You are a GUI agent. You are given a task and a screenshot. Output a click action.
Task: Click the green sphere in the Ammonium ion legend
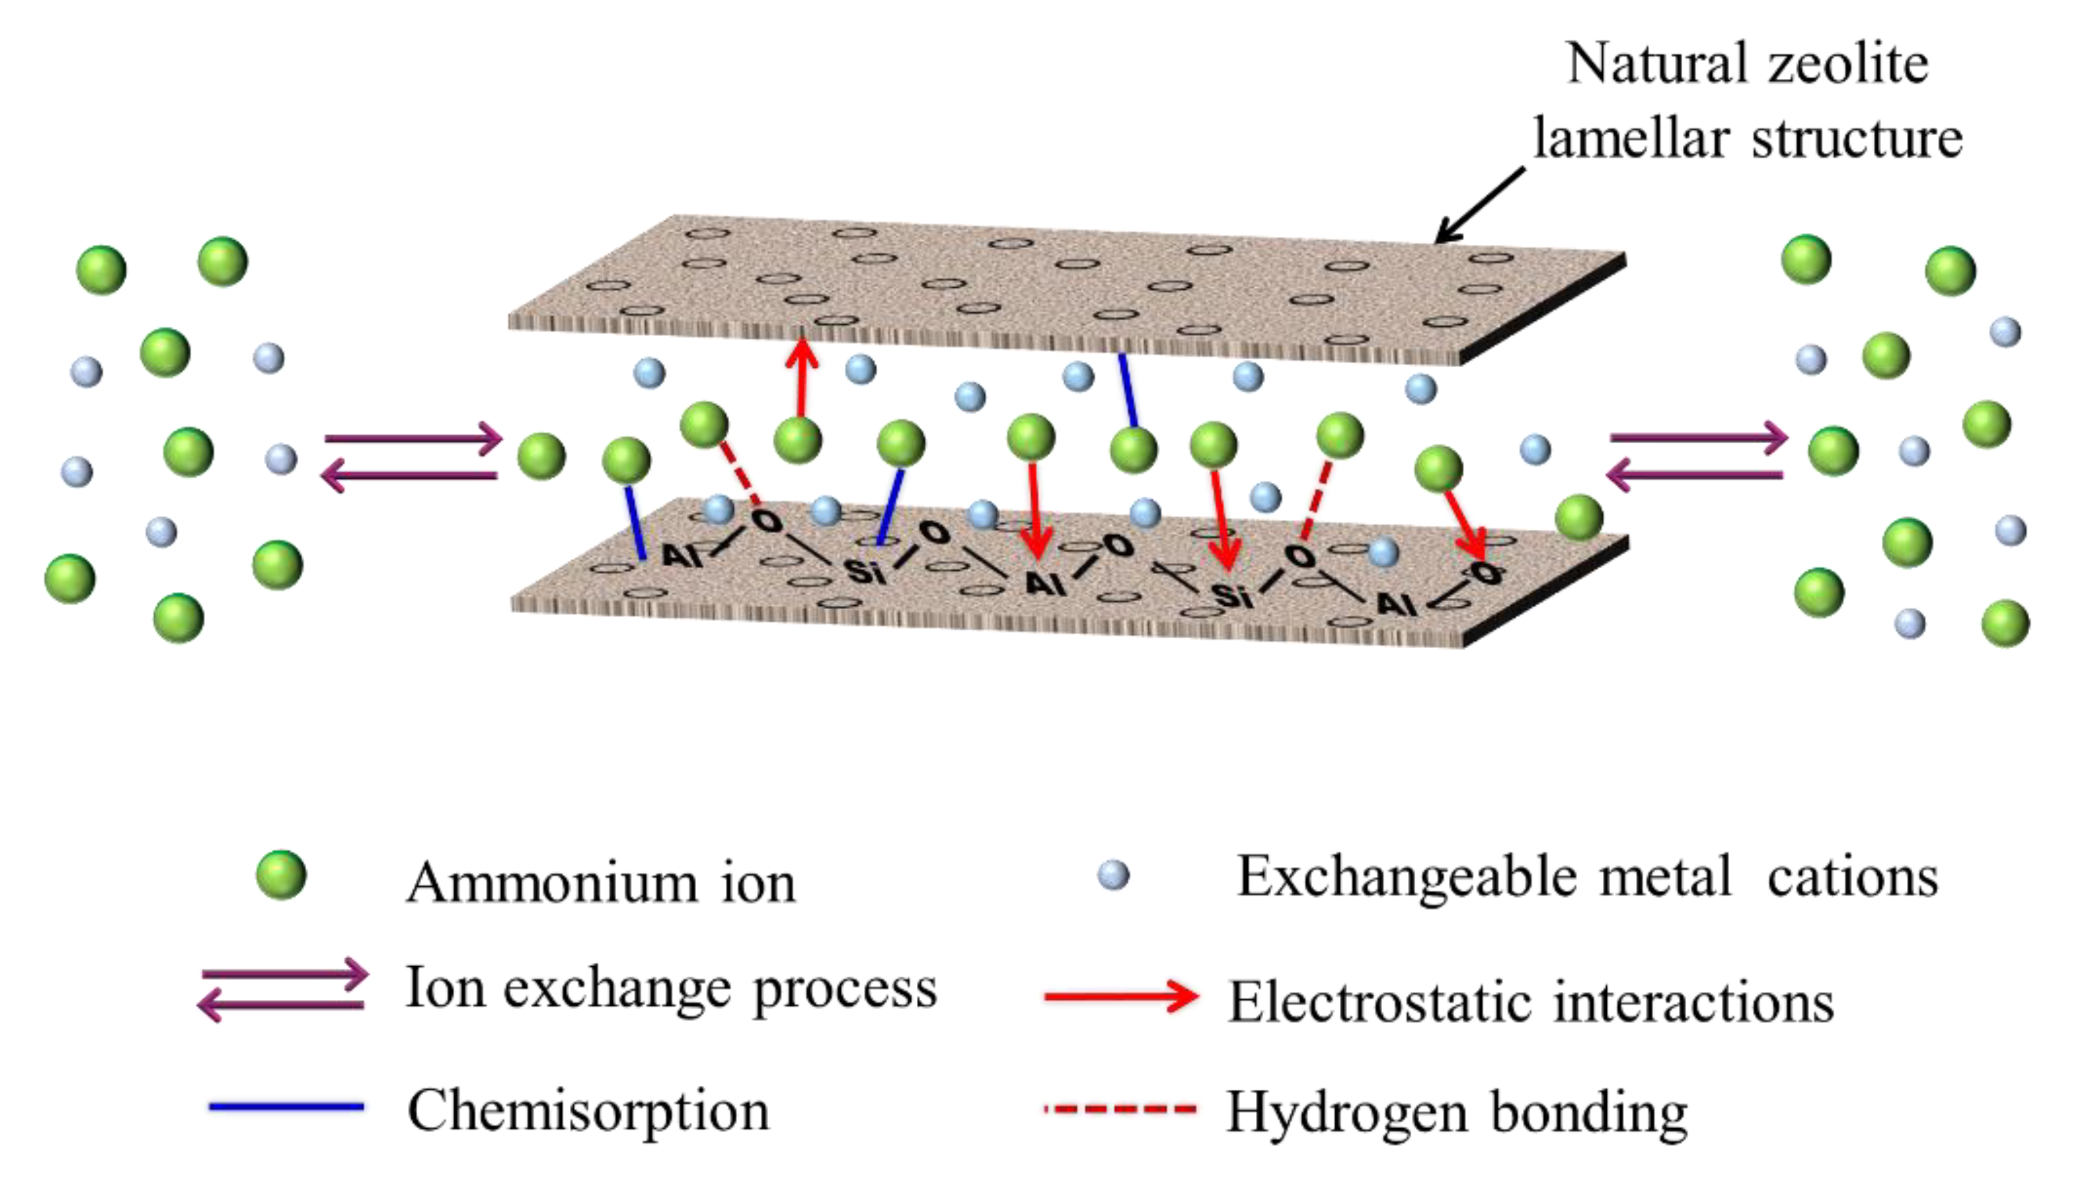pos(280,875)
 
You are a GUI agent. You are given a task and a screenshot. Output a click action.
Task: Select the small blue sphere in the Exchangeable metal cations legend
pos(1113,875)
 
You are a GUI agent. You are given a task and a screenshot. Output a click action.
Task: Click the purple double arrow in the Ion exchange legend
pos(283,989)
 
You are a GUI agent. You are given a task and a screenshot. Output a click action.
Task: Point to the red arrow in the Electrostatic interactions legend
pos(1120,996)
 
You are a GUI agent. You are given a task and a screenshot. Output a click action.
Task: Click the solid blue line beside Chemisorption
pos(286,1106)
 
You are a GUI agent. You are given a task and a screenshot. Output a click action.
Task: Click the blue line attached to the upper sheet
pos(1128,390)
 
